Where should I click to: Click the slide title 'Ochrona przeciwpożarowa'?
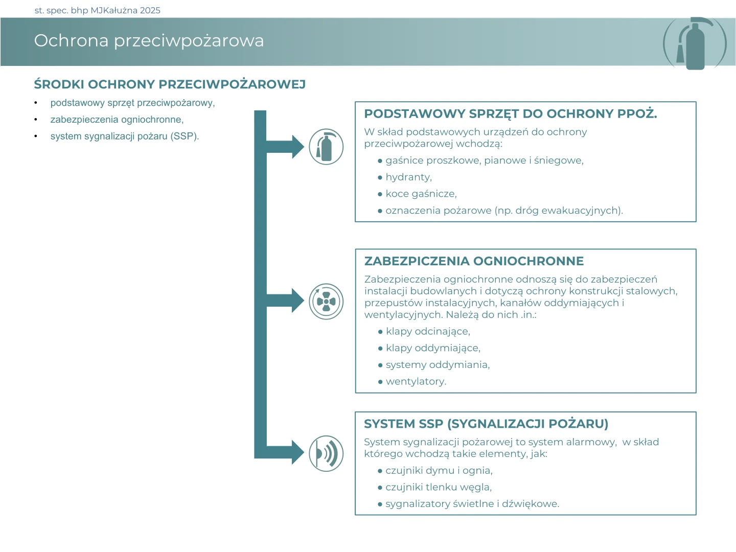coord(149,40)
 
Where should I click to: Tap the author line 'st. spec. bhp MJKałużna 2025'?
coord(97,10)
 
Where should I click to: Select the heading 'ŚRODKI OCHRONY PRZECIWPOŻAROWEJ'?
coord(170,84)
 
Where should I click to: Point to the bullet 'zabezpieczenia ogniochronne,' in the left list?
coord(117,120)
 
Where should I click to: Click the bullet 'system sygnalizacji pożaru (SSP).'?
coord(124,136)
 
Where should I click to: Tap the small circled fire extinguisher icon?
coord(326,147)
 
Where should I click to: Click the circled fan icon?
coord(326,302)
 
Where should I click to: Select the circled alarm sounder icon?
coord(326,453)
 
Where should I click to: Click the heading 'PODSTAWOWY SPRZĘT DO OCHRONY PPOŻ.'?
coord(510,114)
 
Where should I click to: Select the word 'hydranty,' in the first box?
coord(408,177)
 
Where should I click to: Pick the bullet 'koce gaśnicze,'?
coord(421,194)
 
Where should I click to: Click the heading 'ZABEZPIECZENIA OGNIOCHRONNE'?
coord(474,261)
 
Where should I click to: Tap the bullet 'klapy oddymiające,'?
coord(433,348)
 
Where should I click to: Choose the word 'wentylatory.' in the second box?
coord(416,381)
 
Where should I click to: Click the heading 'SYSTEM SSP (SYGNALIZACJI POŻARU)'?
coord(486,424)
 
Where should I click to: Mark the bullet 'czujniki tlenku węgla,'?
coord(439,487)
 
